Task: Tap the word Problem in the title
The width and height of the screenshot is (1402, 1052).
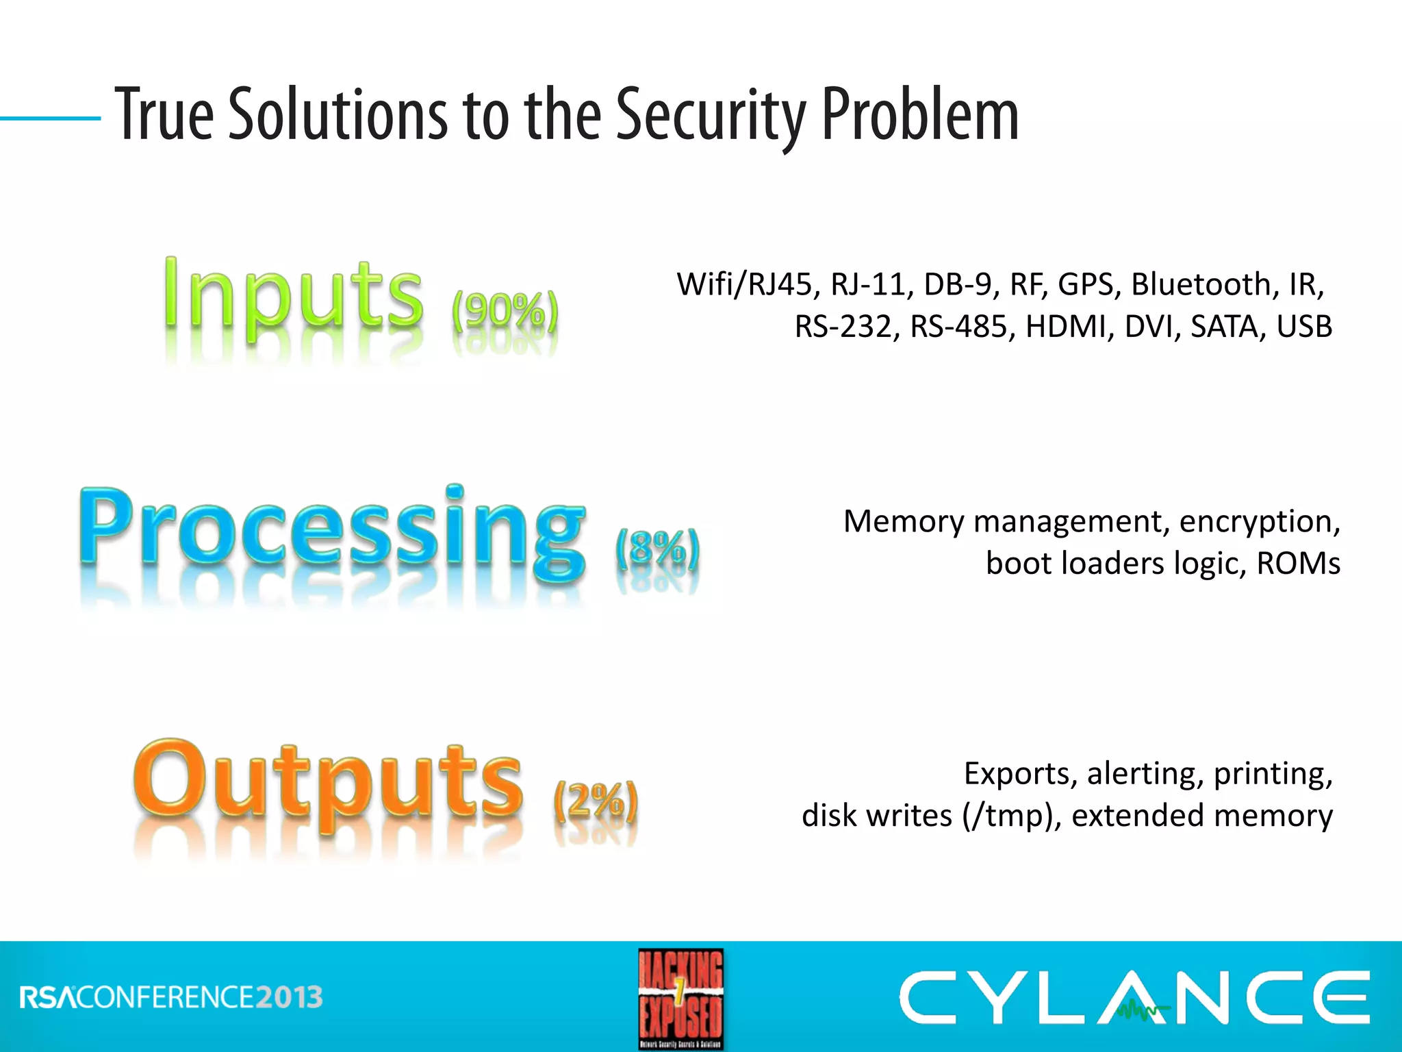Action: click(919, 114)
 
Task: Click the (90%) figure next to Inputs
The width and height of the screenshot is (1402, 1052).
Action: click(505, 312)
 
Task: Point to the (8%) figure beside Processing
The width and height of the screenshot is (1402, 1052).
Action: click(657, 548)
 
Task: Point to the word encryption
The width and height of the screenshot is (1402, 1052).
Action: click(1259, 522)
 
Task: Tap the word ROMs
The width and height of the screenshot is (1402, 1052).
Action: click(1298, 564)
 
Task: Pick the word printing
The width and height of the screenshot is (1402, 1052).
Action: click(1273, 774)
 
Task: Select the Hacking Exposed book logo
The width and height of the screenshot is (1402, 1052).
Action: click(680, 998)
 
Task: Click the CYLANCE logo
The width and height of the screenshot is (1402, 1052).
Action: click(1133, 997)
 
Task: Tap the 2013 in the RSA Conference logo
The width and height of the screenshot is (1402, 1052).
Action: click(289, 997)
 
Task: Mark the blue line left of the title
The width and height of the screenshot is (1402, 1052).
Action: click(50, 118)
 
